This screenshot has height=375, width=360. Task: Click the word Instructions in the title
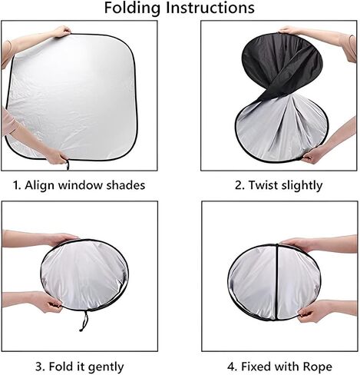point(210,8)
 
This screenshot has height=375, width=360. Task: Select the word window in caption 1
point(80,185)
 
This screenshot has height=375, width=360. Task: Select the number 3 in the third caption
point(39,367)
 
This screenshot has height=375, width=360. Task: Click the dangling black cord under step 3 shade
point(84,321)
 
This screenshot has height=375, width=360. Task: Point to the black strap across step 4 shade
point(277,282)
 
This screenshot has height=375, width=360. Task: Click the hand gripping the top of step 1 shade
point(61,32)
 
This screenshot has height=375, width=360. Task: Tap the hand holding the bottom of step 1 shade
point(57,156)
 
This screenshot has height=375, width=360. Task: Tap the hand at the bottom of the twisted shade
point(315,154)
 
